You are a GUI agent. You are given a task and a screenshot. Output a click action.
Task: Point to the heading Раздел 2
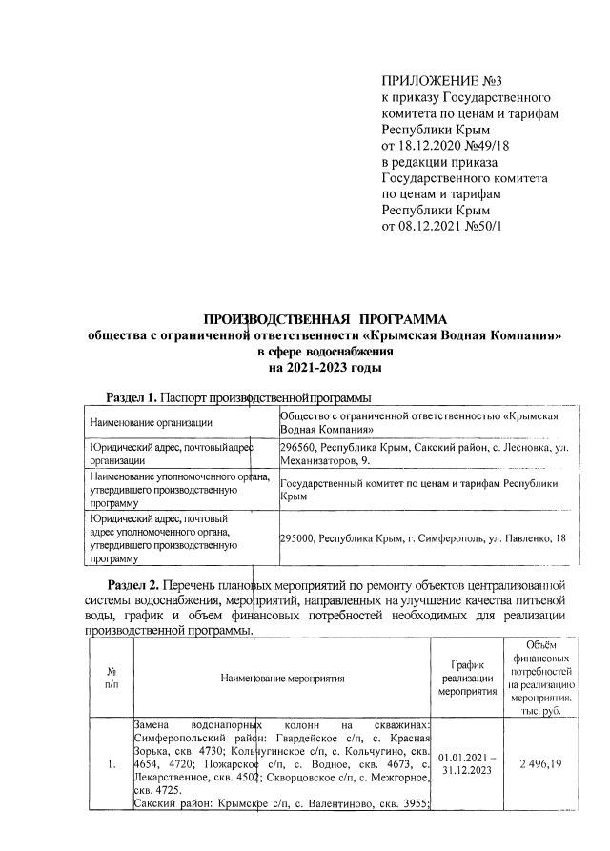pyautogui.click(x=131, y=584)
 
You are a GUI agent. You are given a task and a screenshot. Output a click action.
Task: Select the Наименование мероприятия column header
pyautogui.click(x=282, y=679)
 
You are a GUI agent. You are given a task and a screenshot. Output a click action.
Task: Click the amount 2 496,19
pyautogui.click(x=540, y=764)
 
